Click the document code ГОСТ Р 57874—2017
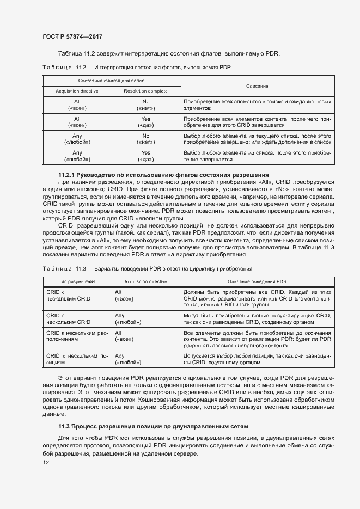(x=72, y=36)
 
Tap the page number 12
(x=46, y=462)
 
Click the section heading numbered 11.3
(x=153, y=426)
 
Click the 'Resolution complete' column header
(x=145, y=91)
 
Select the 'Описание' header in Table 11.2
(x=257, y=86)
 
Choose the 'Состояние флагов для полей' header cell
(x=111, y=81)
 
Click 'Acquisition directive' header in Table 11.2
(x=77, y=91)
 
